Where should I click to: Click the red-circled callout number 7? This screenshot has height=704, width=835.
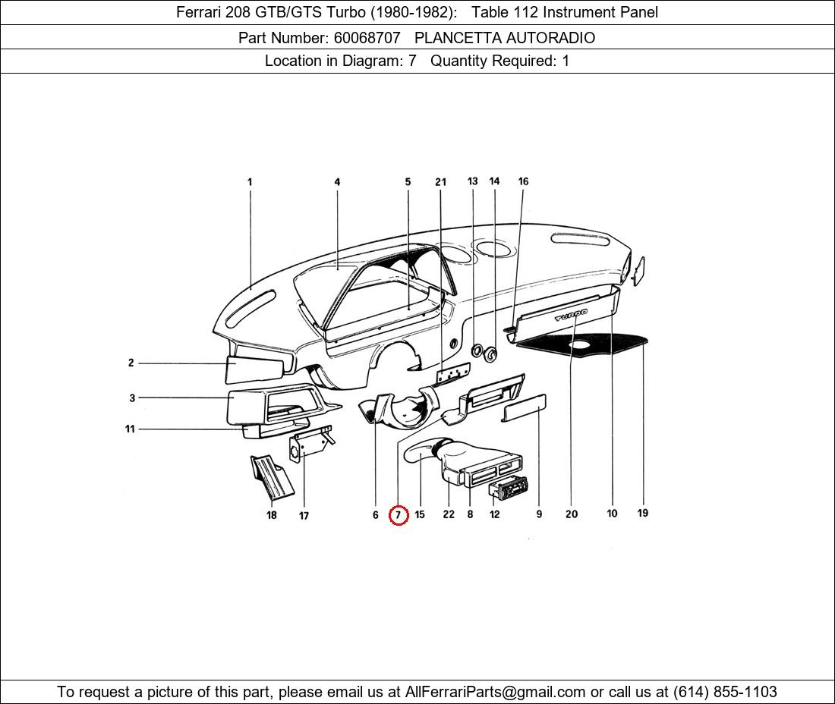pyautogui.click(x=399, y=514)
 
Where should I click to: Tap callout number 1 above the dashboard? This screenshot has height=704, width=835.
pyautogui.click(x=249, y=182)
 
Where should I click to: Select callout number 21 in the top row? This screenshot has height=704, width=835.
pyautogui.click(x=440, y=182)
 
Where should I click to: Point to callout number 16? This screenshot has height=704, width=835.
pyautogui.click(x=523, y=181)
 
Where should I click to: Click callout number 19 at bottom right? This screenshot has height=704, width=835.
pyautogui.click(x=643, y=513)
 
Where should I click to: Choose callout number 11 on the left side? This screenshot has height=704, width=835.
pyautogui.click(x=130, y=429)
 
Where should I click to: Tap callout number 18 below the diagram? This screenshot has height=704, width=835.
pyautogui.click(x=272, y=515)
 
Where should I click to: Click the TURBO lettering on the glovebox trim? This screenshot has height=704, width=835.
pyautogui.click(x=571, y=315)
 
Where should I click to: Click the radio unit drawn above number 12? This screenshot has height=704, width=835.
pyautogui.click(x=510, y=486)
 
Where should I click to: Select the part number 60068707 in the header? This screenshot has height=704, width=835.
pyautogui.click(x=367, y=38)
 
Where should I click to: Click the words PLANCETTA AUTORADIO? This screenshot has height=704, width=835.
pyautogui.click(x=504, y=38)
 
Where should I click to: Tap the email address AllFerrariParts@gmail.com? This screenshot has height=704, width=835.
pyautogui.click(x=495, y=692)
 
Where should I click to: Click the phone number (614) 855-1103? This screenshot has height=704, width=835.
pyautogui.click(x=725, y=692)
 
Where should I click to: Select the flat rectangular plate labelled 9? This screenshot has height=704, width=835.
pyautogui.click(x=525, y=408)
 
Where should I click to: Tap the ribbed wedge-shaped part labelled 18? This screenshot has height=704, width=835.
pyautogui.click(x=272, y=477)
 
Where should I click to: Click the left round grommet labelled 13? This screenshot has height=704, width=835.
pyautogui.click(x=477, y=350)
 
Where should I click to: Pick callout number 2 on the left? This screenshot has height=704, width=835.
pyautogui.click(x=131, y=363)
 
